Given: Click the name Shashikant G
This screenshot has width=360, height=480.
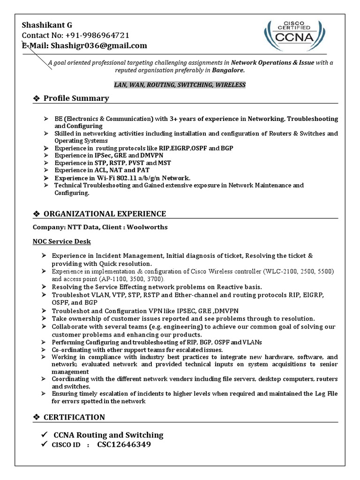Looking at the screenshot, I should [x=47, y=25].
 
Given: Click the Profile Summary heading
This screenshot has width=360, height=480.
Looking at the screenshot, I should [x=76, y=98].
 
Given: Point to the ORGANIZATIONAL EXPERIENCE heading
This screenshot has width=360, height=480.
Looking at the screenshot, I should [x=105, y=214].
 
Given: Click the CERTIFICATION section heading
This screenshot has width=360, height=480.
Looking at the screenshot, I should [x=74, y=417].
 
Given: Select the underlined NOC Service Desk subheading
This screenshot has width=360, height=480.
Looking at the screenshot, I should [x=61, y=241].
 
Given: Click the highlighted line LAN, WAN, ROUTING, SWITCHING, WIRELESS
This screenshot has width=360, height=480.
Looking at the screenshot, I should [x=180, y=85].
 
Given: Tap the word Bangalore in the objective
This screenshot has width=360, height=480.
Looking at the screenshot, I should [x=228, y=70].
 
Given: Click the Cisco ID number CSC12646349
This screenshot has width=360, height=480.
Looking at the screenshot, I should [x=124, y=444].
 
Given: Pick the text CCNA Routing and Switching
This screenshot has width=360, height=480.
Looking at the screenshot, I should [x=109, y=435].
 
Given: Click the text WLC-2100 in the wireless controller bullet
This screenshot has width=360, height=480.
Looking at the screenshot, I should [x=280, y=271].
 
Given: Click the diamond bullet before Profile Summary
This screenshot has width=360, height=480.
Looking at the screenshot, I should [x=36, y=98].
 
